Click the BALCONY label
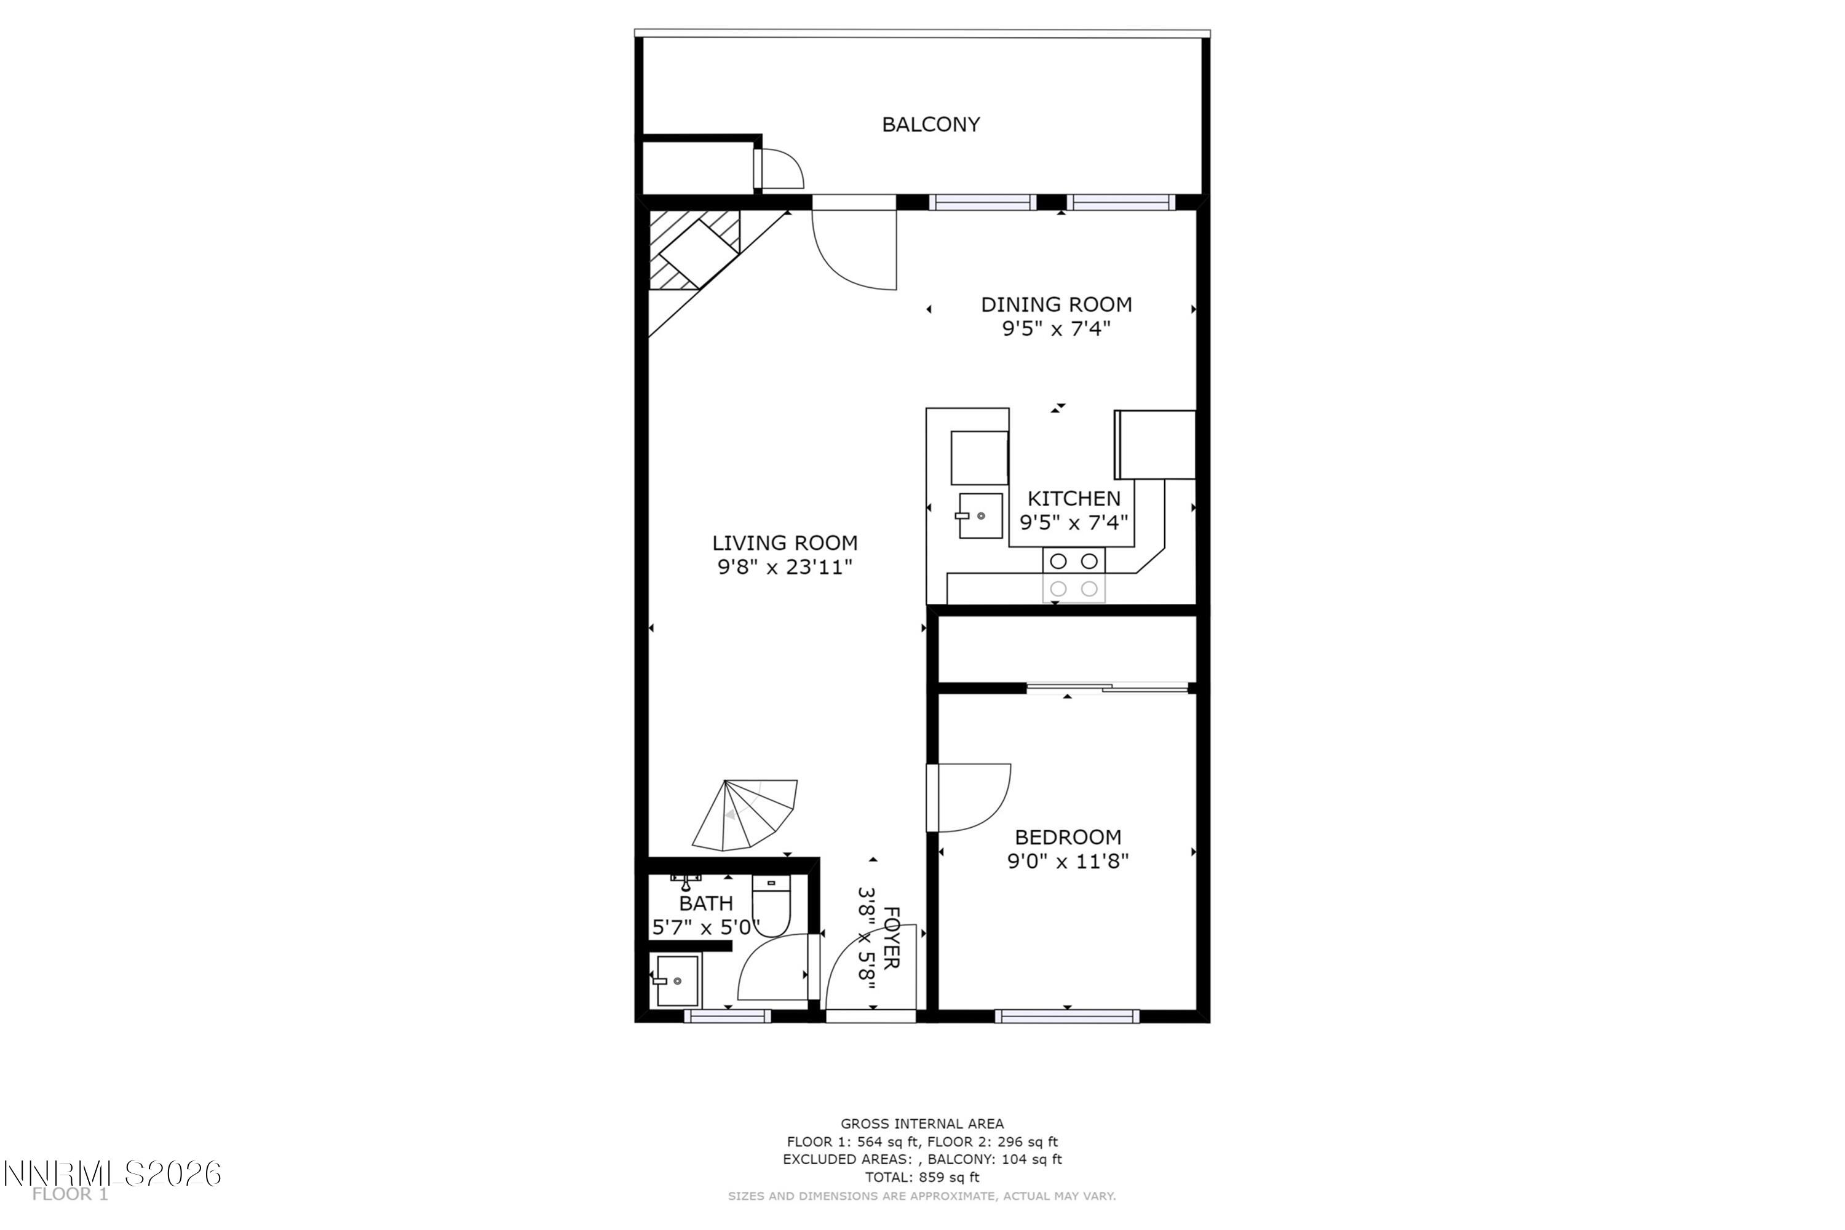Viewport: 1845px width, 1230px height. [x=930, y=125]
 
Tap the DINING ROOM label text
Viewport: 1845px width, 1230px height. [x=1056, y=304]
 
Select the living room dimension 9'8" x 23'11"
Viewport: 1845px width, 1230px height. [x=785, y=567]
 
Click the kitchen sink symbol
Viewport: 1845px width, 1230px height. [x=980, y=515]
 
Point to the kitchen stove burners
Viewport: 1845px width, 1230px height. [x=1073, y=575]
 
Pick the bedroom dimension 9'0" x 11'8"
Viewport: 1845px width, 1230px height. [x=1067, y=862]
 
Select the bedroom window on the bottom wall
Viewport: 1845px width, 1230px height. [x=1067, y=1017]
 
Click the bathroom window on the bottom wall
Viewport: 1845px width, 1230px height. [x=727, y=1017]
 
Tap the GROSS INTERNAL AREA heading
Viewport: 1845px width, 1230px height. [x=922, y=1124]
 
